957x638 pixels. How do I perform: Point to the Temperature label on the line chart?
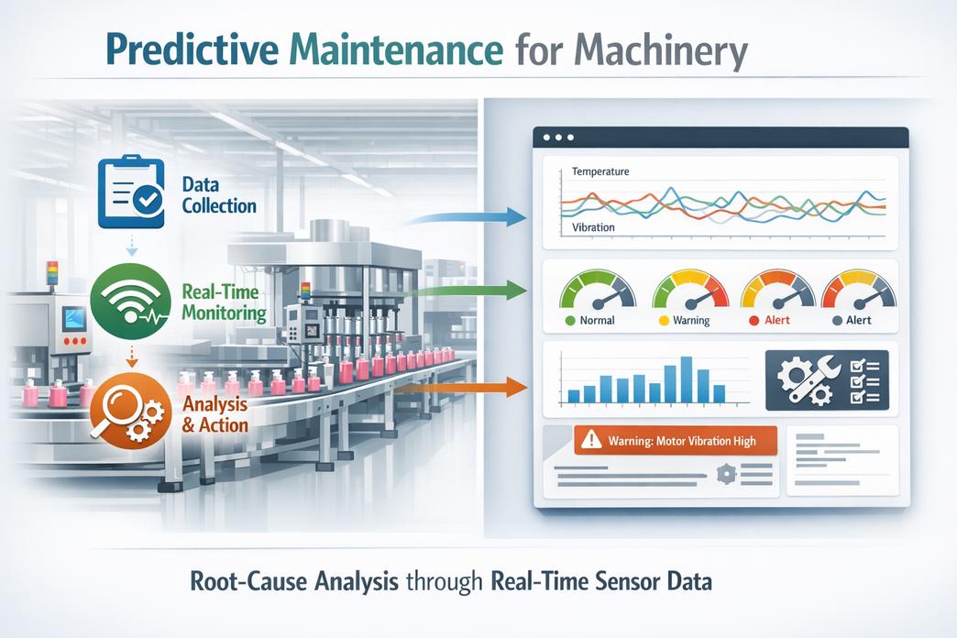click(x=599, y=171)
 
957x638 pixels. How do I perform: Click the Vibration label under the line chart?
click(x=593, y=226)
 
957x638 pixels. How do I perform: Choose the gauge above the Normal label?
click(x=597, y=289)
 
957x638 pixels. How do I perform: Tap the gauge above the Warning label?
click(x=690, y=289)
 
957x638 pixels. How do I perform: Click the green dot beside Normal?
click(x=570, y=321)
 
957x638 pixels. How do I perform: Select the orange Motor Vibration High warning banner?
click(x=675, y=441)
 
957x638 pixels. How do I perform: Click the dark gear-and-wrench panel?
click(x=825, y=379)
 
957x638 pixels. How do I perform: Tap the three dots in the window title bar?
click(x=558, y=137)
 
